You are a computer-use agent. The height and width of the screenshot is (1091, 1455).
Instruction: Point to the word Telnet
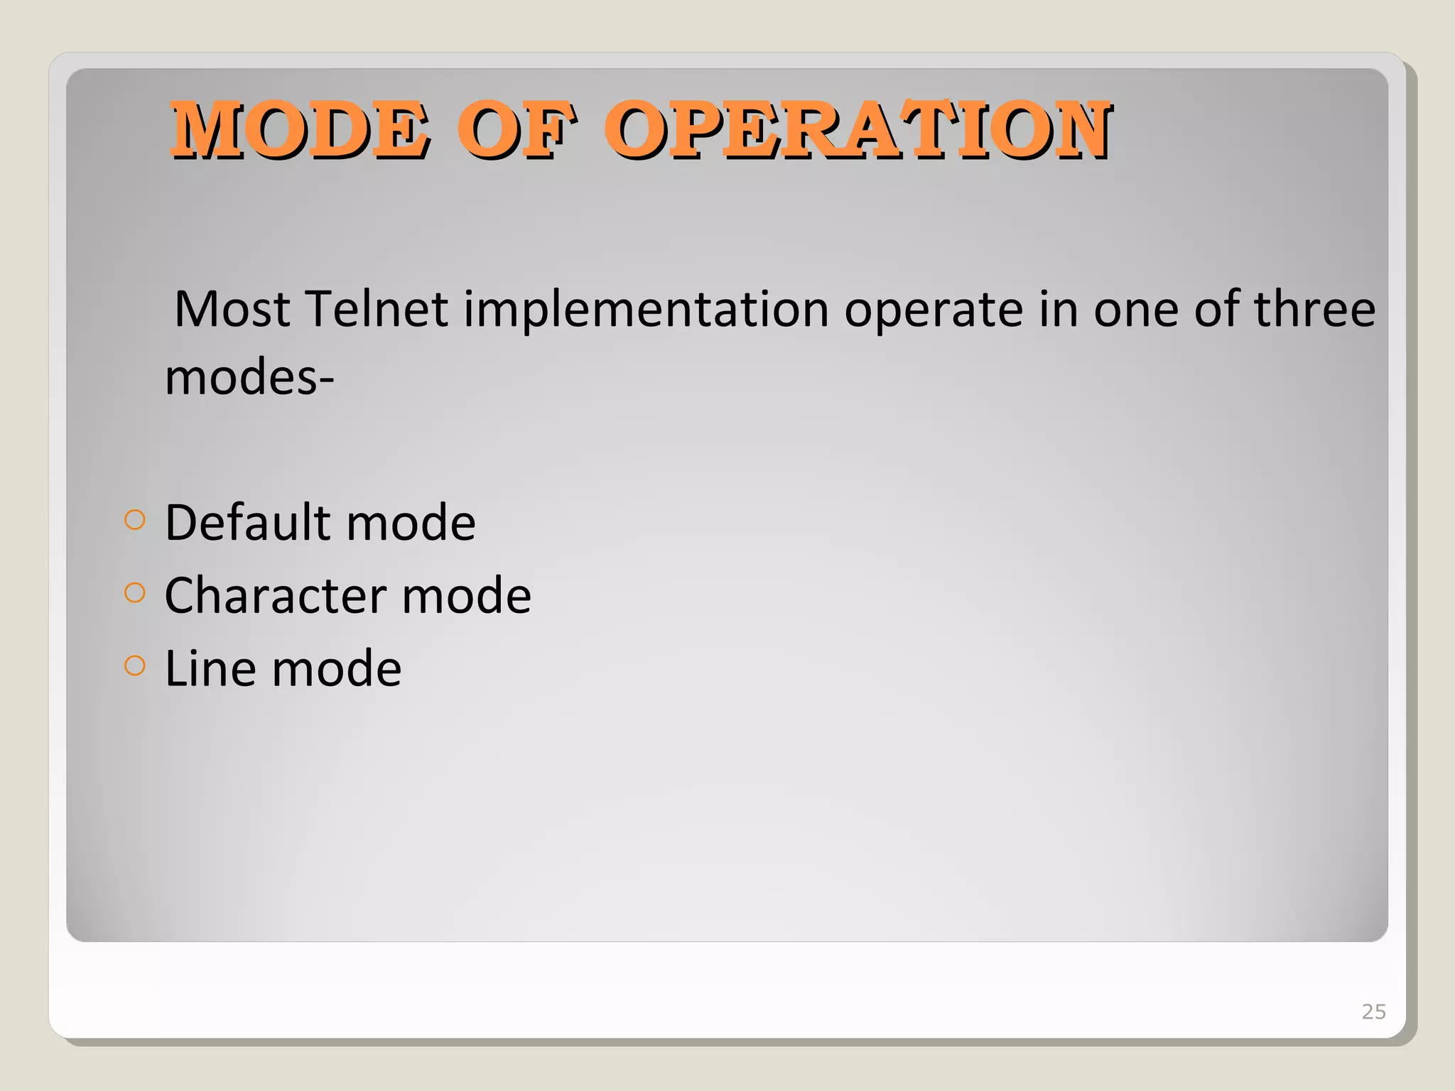pos(377,310)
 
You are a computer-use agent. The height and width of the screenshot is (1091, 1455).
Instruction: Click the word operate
pos(933,311)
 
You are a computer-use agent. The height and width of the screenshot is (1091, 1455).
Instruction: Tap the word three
pos(1314,310)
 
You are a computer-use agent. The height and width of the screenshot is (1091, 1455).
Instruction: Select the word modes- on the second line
pos(249,377)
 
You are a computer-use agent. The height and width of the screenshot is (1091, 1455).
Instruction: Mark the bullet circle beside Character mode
pos(134,592)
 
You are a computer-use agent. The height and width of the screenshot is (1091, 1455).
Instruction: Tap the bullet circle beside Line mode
pos(134,666)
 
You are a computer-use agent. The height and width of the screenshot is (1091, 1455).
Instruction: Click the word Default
pos(248,523)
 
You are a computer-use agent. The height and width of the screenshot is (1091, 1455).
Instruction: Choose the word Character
pos(275,596)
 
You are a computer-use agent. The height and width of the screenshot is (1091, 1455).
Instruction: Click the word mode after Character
pos(466,596)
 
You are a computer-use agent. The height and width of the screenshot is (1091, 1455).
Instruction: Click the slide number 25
pos(1373,1011)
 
